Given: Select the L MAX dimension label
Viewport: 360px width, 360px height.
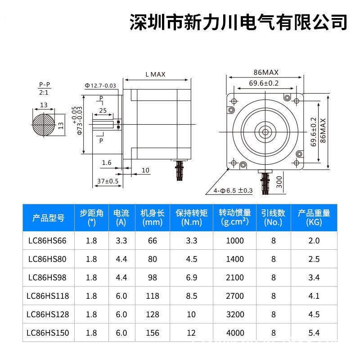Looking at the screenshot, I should (x=155, y=74).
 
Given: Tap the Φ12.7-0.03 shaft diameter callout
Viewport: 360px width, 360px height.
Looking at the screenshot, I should (x=100, y=85).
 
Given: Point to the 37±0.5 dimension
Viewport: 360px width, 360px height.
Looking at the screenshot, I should (x=108, y=181).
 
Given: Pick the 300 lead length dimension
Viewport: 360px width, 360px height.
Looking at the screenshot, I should (x=279, y=181).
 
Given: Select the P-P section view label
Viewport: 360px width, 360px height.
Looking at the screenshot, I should (x=44, y=85).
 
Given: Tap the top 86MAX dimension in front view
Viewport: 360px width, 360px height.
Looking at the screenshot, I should (x=266, y=72).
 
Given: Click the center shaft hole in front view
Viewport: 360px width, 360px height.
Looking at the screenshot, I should (x=265, y=132).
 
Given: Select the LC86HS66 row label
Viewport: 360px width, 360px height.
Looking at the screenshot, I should (x=47, y=241).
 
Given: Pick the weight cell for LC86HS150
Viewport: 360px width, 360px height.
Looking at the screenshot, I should (x=314, y=333).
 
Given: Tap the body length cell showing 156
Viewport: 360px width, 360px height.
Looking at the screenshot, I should (x=153, y=333).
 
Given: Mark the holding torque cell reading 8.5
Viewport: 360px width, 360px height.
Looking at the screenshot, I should (x=192, y=296).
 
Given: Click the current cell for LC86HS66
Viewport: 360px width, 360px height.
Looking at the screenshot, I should (x=121, y=241).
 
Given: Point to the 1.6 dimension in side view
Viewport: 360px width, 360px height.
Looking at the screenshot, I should (x=107, y=162).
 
